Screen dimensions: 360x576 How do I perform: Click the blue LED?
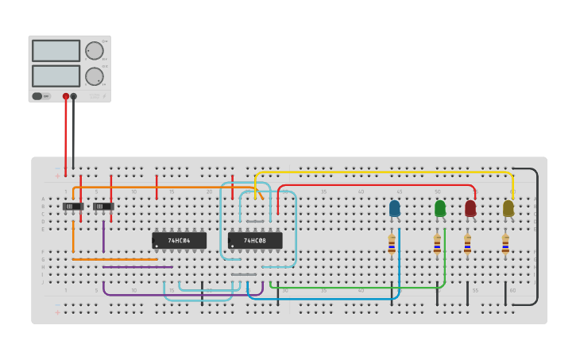pyautogui.click(x=395, y=208)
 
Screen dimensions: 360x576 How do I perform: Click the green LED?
pyautogui.click(x=440, y=208)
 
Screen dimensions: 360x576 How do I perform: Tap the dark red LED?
pyautogui.click(x=470, y=208)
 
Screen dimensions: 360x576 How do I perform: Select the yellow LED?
pyautogui.click(x=508, y=208)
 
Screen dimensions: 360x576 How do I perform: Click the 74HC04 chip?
pyautogui.click(x=179, y=240)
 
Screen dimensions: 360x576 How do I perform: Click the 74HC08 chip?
pyautogui.click(x=255, y=240)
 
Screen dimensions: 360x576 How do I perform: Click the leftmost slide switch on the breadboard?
pyautogui.click(x=73, y=207)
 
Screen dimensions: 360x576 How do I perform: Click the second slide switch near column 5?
pyautogui.click(x=103, y=207)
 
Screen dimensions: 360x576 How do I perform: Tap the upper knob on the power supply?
pyautogui.click(x=95, y=51)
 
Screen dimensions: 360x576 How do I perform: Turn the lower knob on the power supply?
pyautogui.click(x=95, y=76)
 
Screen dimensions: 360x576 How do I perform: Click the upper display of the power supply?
pyautogui.click(x=56, y=51)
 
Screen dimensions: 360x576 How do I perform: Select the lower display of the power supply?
pyautogui.click(x=56, y=75)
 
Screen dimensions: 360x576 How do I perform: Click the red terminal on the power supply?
pyautogui.click(x=66, y=96)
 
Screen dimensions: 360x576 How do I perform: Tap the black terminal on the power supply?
pyautogui.click(x=74, y=96)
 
